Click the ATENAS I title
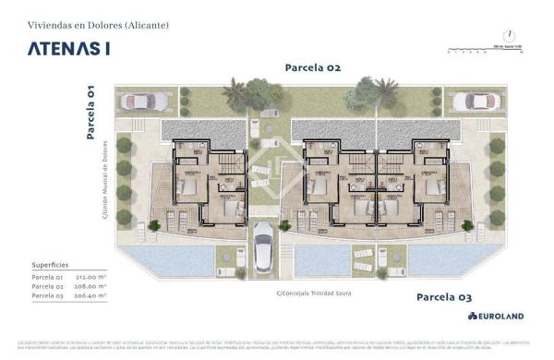(x=68, y=49)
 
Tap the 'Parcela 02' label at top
(x=313, y=67)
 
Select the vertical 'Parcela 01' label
(x=90, y=111)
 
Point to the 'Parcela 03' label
(x=444, y=296)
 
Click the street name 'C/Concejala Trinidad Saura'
(x=315, y=294)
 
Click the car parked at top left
(x=152, y=101)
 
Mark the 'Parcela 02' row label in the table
(x=45, y=287)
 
